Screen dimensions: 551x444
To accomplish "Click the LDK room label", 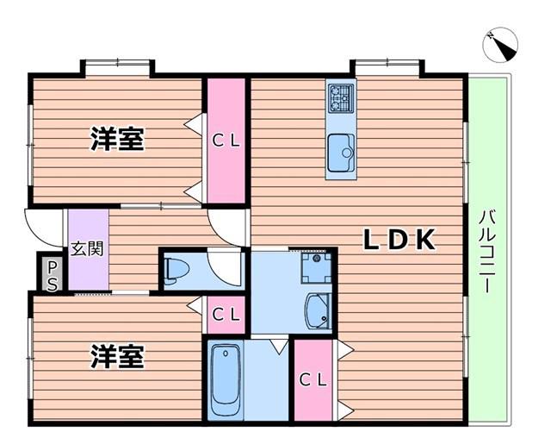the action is [x=399, y=240].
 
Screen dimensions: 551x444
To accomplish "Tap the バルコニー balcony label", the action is [x=487, y=251].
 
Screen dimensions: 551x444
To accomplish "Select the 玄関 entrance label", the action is [x=87, y=249].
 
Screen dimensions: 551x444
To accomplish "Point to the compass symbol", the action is [x=500, y=45].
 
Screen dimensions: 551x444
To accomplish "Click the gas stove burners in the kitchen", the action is [x=340, y=97].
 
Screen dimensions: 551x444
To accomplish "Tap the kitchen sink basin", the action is [x=341, y=153].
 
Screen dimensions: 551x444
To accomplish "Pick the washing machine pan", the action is [x=316, y=268].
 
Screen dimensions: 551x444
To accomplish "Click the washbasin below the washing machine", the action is [x=319, y=311].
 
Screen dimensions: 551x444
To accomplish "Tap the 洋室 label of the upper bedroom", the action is [x=117, y=139].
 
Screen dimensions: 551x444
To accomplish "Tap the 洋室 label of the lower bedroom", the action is [x=117, y=357].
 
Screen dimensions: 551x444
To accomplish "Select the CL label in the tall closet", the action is [x=226, y=141].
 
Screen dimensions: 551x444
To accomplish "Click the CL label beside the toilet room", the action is [x=226, y=315].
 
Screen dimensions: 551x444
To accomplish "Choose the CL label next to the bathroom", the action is [x=313, y=380].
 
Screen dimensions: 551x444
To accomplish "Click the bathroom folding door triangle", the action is [x=279, y=346].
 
